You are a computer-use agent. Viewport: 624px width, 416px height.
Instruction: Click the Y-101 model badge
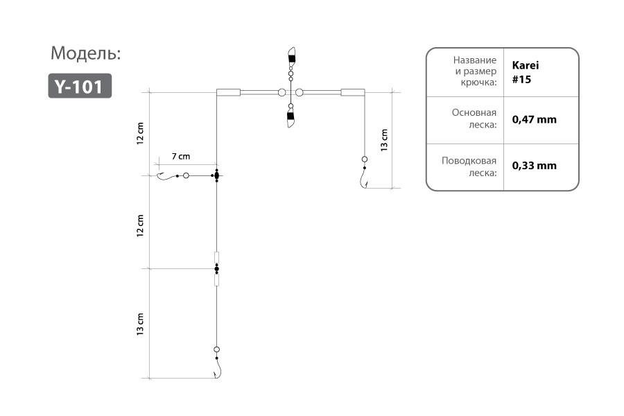pyautogui.click(x=80, y=85)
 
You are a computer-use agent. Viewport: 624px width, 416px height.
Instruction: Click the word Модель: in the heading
pyautogui.click(x=85, y=53)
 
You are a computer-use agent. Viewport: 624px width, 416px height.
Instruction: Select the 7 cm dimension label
pyautogui.click(x=181, y=157)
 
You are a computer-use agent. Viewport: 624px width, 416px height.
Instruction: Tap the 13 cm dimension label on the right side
pyautogui.click(x=384, y=140)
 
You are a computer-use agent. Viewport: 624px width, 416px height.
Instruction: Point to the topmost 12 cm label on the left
pyautogui.click(x=140, y=133)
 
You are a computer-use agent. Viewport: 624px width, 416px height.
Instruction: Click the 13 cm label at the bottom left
pyautogui.click(x=140, y=324)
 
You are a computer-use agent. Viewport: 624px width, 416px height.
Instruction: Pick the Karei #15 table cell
pyautogui.click(x=526, y=72)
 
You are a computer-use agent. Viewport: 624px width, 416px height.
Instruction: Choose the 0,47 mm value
pyautogui.click(x=534, y=119)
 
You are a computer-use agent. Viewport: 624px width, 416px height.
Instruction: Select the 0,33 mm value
pyautogui.click(x=534, y=166)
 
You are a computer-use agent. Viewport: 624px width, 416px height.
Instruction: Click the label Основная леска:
pyautogui.click(x=474, y=119)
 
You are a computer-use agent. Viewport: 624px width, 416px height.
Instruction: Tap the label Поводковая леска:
pyautogui.click(x=469, y=167)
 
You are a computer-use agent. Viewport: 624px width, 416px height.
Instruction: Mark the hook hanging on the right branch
pyautogui.click(x=364, y=178)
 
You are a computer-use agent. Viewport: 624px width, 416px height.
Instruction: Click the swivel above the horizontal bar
pyautogui.click(x=291, y=64)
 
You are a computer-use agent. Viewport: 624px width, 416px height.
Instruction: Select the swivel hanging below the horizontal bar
pyautogui.click(x=291, y=116)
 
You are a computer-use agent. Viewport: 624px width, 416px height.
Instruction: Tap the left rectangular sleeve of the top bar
pyautogui.click(x=228, y=92)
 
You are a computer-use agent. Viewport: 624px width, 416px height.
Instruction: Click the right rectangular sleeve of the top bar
pyautogui.click(x=353, y=92)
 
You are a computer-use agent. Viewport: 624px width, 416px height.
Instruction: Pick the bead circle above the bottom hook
pyautogui.click(x=216, y=349)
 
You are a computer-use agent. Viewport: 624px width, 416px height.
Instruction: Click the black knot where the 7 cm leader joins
pyautogui.click(x=216, y=175)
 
